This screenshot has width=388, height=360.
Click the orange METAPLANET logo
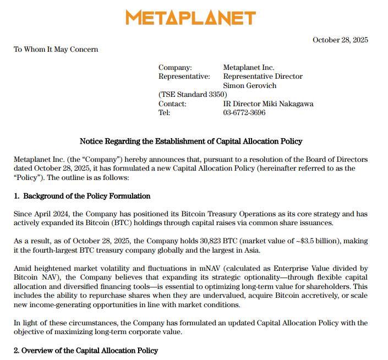[190, 18]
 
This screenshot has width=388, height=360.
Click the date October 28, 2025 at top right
[340, 40]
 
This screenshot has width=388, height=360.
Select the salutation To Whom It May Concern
[56, 50]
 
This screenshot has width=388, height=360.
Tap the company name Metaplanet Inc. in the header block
[249, 68]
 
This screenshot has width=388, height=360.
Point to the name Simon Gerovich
[249, 86]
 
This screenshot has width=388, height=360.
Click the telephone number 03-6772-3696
[244, 113]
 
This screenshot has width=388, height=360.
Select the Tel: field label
[165, 113]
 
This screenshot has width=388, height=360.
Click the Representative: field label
[184, 77]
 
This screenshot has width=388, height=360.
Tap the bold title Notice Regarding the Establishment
[191, 141]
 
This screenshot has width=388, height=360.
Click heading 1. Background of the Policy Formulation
[82, 196]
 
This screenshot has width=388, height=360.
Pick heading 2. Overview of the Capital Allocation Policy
[85, 351]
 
